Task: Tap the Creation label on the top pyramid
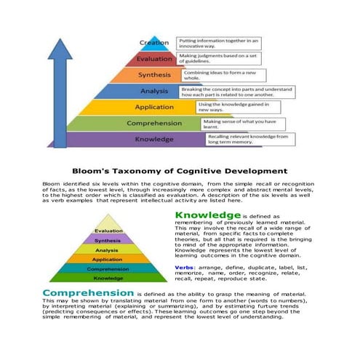(154, 42)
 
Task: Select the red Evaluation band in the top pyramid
(154, 58)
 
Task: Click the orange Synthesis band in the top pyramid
(153, 74)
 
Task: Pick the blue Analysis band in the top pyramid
(153, 91)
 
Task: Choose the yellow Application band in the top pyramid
(153, 107)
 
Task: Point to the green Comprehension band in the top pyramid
(153, 123)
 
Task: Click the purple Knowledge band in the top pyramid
(153, 139)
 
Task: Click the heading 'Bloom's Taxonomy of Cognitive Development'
(180, 170)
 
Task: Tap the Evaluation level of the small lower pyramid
(108, 231)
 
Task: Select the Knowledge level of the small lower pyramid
(108, 277)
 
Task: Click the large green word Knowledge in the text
(207, 216)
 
